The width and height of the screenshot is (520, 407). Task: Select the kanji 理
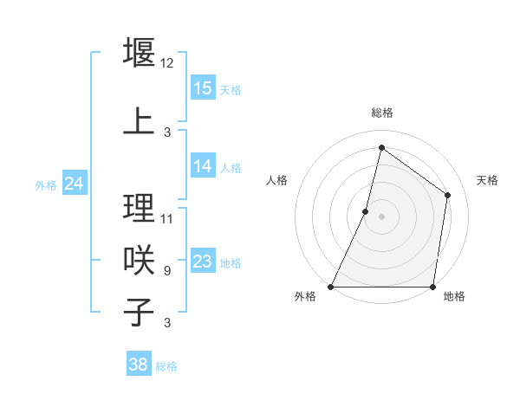(x=140, y=207)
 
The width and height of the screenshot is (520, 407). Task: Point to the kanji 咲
(x=140, y=259)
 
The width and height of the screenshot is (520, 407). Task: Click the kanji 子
(x=140, y=312)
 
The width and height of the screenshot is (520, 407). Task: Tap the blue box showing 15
(x=203, y=88)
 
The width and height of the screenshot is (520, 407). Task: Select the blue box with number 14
(x=203, y=166)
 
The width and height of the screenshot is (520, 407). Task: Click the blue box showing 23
(x=203, y=262)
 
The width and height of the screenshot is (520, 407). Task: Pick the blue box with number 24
(x=74, y=184)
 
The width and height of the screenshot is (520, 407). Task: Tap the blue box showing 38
(x=139, y=365)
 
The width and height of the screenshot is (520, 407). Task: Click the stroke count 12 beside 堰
(x=167, y=63)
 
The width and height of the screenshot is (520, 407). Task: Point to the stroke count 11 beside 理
(x=167, y=218)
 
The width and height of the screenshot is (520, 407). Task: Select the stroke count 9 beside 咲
(x=167, y=271)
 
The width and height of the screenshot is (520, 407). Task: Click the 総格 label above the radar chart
(x=381, y=113)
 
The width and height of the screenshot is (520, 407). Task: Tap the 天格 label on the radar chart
(x=487, y=180)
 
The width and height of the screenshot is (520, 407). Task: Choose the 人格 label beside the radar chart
(x=276, y=180)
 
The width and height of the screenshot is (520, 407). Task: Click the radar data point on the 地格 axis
(x=432, y=287)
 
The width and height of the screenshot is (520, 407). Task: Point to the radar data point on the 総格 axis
(x=381, y=147)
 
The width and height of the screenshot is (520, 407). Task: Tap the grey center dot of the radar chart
(x=381, y=216)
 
